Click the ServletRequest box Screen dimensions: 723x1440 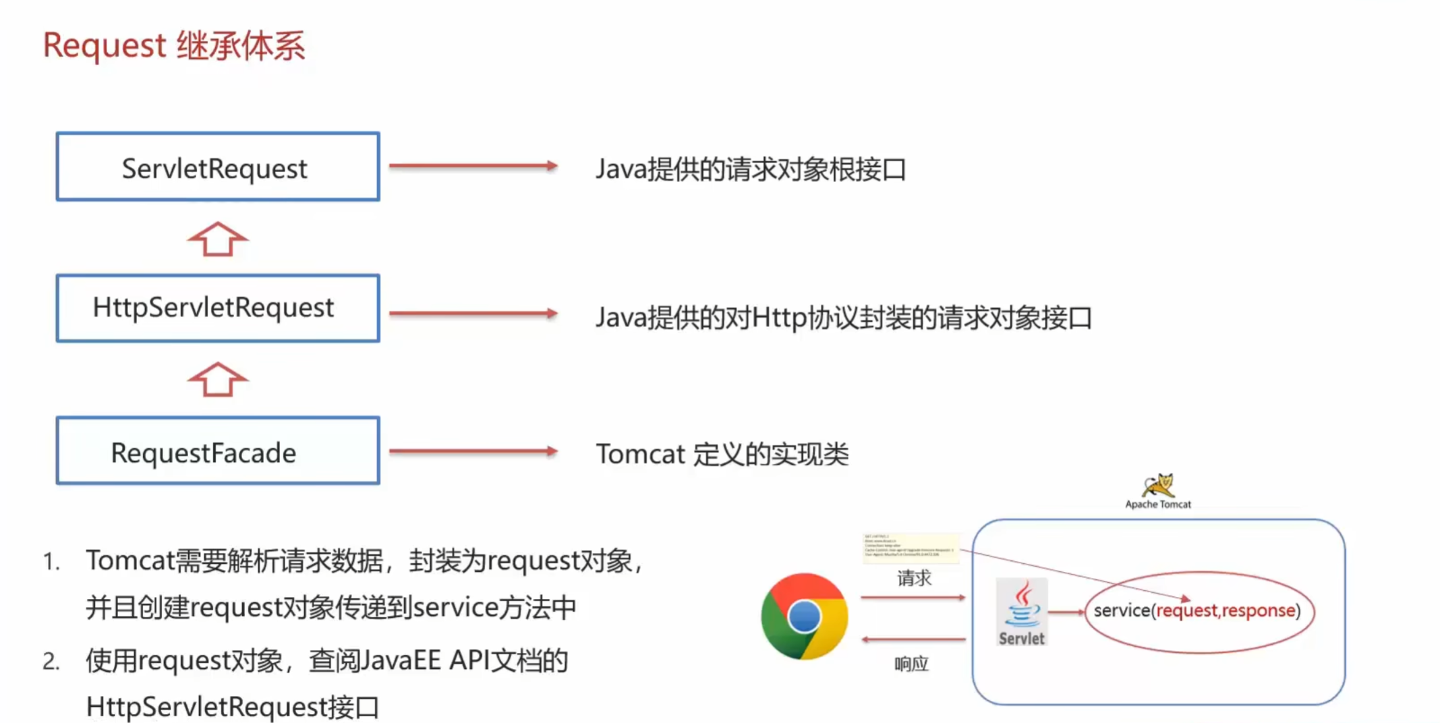tap(218, 167)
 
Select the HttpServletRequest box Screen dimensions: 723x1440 tap(218, 308)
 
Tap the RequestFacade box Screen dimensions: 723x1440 tap(218, 451)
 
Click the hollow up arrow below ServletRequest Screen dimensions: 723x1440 tap(217, 239)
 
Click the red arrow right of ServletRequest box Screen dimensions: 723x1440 tap(473, 166)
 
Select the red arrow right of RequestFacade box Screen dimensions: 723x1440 tap(473, 451)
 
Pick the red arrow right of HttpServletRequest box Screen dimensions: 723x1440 tap(473, 313)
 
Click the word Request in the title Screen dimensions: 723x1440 tap(105, 46)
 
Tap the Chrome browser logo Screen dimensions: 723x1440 tap(804, 616)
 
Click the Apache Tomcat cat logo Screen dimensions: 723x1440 tap(1158, 486)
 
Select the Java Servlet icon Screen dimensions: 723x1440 tap(1022, 611)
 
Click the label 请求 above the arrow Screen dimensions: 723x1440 tap(914, 578)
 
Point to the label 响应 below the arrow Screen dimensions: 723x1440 tap(911, 664)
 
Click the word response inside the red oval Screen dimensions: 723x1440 tap(1259, 610)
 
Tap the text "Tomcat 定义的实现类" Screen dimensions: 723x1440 tap(722, 454)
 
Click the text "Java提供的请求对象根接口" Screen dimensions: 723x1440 tap(750, 169)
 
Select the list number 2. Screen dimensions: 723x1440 tap(51, 662)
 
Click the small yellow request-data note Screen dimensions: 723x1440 tap(911, 548)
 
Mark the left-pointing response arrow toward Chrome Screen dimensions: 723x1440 tap(913, 639)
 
